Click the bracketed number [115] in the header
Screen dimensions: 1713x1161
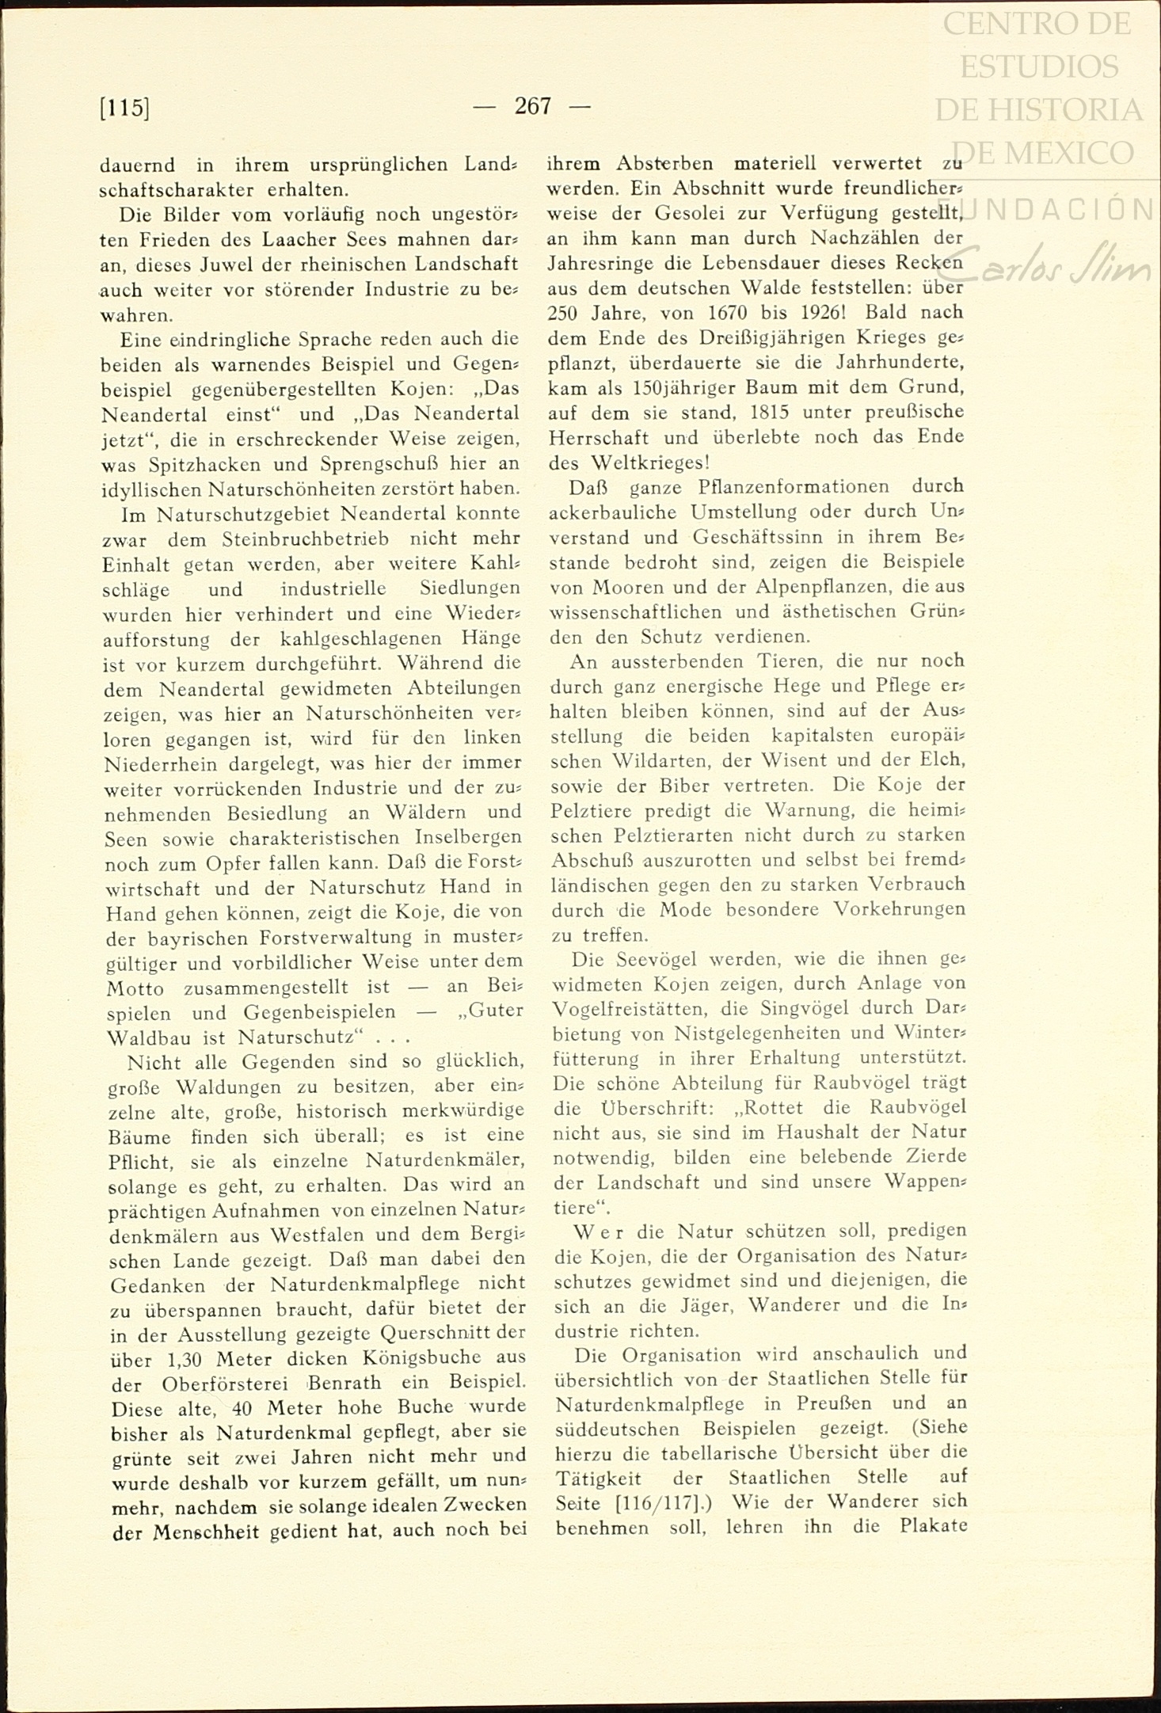[125, 107]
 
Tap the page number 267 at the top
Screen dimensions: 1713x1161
[532, 105]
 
